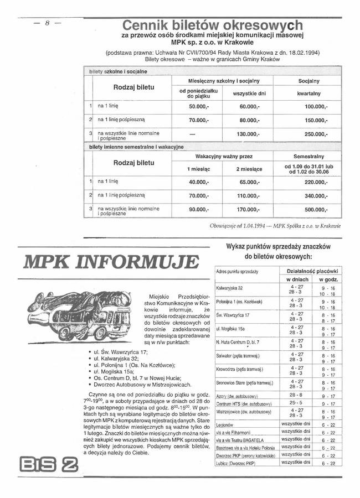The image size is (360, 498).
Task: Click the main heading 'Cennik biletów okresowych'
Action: [212, 25]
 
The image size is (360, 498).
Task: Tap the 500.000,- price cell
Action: [313, 210]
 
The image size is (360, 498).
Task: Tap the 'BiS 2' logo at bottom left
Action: [48, 463]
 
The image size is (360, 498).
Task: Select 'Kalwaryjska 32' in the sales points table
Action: [230, 288]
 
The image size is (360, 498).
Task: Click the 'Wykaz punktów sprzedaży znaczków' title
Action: [279, 246]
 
